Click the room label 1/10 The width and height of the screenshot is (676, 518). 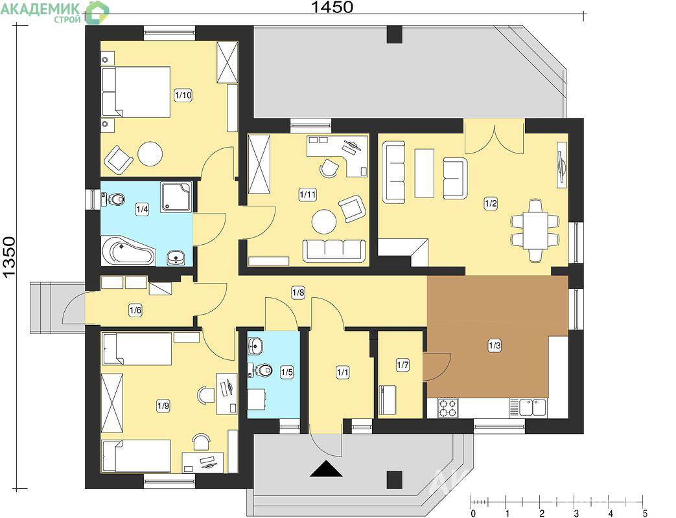tap(183, 95)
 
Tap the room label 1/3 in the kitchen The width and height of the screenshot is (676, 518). tap(495, 345)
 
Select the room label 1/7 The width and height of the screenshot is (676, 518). tap(402, 365)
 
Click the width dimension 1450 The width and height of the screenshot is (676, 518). tap(332, 6)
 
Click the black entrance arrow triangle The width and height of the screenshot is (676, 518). tap(326, 469)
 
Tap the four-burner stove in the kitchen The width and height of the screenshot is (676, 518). tap(448, 408)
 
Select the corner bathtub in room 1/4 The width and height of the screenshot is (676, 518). tap(128, 251)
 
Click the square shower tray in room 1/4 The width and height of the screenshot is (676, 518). tap(176, 197)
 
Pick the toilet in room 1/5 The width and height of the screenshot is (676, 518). tap(261, 370)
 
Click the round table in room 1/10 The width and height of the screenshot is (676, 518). tap(150, 154)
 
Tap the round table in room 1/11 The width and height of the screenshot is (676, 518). tap(324, 221)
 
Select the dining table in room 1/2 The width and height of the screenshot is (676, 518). tap(535, 230)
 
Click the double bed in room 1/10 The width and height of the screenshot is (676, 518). tap(136, 92)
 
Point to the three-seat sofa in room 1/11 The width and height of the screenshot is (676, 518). tap(334, 251)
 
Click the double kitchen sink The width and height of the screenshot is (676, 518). tap(533, 407)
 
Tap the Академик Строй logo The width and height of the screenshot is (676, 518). tap(54, 12)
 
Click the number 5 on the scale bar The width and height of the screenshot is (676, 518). tap(645, 513)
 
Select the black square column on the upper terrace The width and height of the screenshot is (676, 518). tap(394, 34)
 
